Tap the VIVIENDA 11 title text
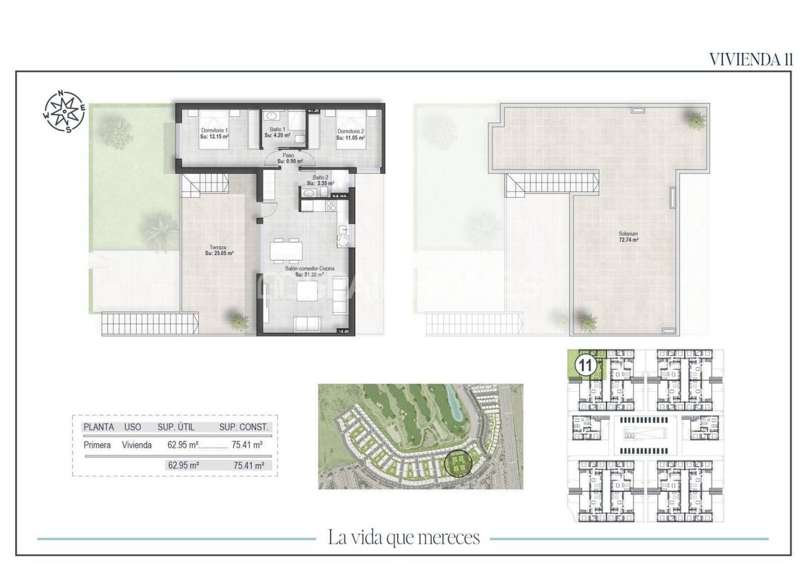coord(751,59)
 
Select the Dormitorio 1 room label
coord(214,133)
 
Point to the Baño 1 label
coord(277,132)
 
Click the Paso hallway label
coord(288,158)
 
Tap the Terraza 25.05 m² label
coord(219,251)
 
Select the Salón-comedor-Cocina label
coord(309,271)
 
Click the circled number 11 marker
coord(586,365)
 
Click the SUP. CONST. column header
coord(244,427)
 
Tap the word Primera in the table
coord(97,445)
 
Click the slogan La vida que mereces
coord(404,538)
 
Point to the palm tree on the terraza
coord(239,321)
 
